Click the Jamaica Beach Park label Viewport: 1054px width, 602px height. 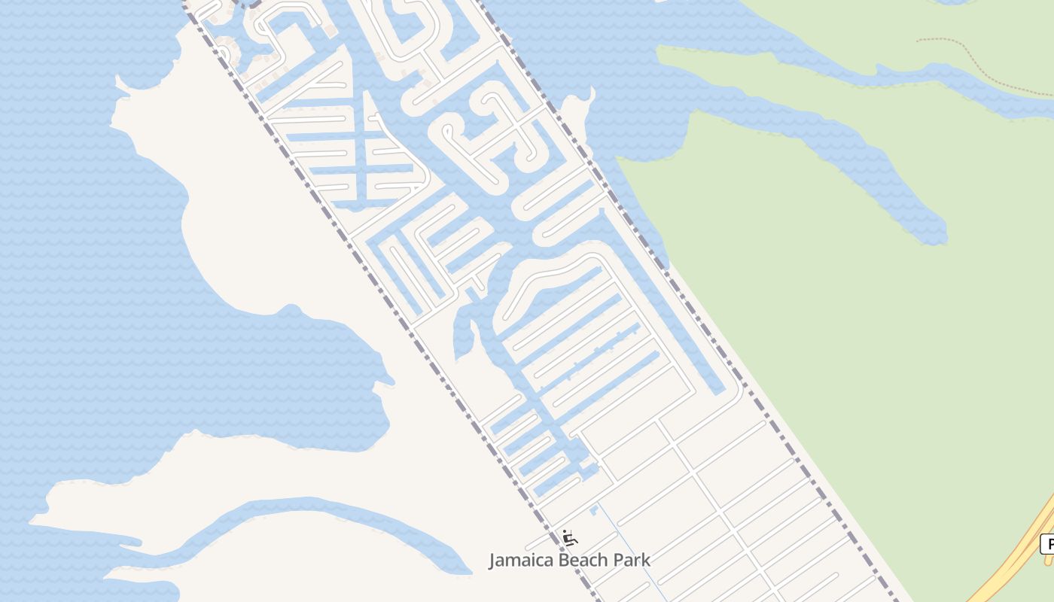point(569,560)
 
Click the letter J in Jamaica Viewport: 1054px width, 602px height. point(493,561)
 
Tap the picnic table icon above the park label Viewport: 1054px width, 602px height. point(570,537)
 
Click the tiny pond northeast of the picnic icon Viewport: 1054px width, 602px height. point(593,511)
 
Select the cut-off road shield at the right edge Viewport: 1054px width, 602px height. point(1047,544)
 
